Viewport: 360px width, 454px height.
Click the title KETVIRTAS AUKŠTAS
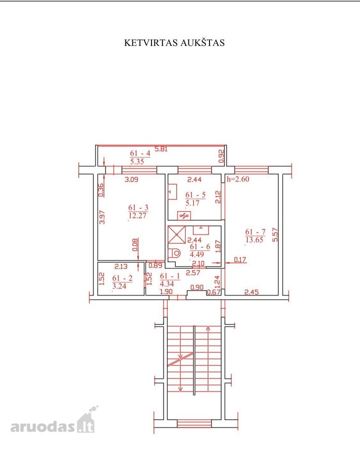[x=174, y=42]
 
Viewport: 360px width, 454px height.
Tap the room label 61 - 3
[x=138, y=208]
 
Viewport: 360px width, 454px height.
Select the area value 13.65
[x=254, y=240]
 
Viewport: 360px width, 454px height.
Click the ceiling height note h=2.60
[x=238, y=179]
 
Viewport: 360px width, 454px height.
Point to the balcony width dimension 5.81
[x=161, y=149]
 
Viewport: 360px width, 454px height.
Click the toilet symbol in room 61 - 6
[x=175, y=254]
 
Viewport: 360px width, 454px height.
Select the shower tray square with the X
[x=177, y=235]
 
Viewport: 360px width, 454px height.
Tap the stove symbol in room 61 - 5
[x=184, y=215]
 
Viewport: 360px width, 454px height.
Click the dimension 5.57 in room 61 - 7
[x=275, y=235]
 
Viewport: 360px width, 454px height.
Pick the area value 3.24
[x=120, y=286]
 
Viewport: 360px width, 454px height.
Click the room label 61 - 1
[x=170, y=276]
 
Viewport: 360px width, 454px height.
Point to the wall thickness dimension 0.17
[x=240, y=260]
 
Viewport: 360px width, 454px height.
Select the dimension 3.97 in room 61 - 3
[x=102, y=217]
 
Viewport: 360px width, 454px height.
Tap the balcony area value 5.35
[x=137, y=161]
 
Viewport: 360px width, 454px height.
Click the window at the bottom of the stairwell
[x=194, y=424]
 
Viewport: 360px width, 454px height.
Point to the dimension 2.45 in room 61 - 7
[x=251, y=292]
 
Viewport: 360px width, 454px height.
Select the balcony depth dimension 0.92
[x=222, y=156]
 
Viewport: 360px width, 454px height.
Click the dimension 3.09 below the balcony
[x=131, y=180]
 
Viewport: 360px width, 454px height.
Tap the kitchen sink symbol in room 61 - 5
[x=173, y=192]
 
